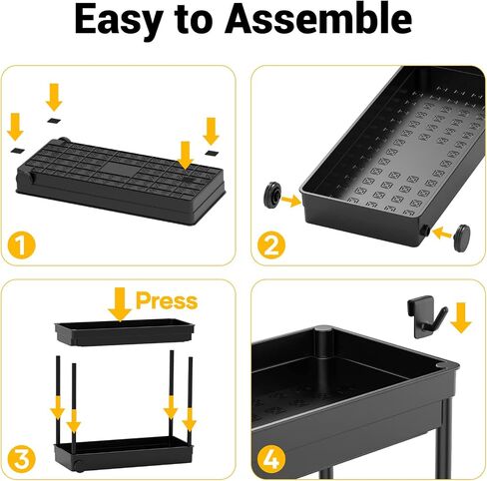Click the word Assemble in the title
coord(318,19)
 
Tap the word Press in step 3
coord(167,300)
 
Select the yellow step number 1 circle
coord(21,245)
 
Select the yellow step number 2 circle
coord(271,244)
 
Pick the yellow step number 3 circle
coord(21,459)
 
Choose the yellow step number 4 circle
coord(271,459)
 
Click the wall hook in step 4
coord(426,316)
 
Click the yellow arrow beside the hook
coord(461,317)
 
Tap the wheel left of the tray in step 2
coord(272,194)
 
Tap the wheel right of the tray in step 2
coord(462,238)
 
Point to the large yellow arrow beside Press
coord(120,304)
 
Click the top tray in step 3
coord(124,331)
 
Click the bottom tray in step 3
coord(124,453)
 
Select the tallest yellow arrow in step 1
coord(54,97)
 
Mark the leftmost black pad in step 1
coord(18,151)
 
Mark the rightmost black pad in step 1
coord(212,153)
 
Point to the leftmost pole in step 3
coord(58,399)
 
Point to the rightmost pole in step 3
coord(191,400)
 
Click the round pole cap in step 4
coord(323,329)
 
